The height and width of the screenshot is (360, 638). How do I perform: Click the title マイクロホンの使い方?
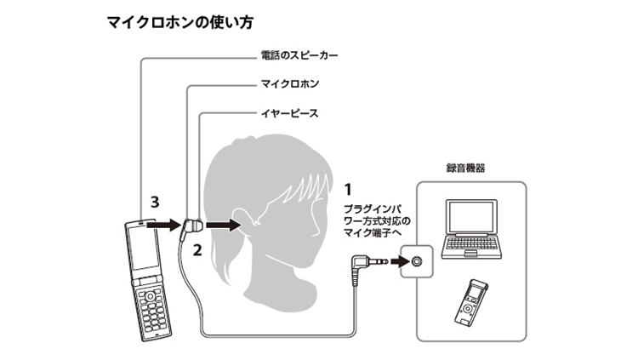point(180,22)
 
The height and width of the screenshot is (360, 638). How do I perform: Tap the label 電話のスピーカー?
point(299,55)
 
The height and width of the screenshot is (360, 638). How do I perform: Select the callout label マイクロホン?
point(290,84)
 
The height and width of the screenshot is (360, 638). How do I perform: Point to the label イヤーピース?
point(290,113)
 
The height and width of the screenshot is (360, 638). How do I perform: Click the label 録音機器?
point(465,169)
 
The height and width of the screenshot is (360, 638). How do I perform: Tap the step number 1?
point(348,190)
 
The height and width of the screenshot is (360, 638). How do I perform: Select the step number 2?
point(197,250)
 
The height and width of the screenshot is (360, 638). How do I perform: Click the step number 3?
point(155,202)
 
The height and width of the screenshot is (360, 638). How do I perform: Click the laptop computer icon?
point(471,229)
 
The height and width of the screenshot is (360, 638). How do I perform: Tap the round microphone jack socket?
point(416,261)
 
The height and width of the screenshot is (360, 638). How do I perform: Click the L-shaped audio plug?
point(365,266)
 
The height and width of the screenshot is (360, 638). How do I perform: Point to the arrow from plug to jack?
point(400,260)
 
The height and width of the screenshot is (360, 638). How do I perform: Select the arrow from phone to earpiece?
point(163,225)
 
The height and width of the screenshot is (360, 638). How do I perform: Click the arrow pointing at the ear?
point(224,225)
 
